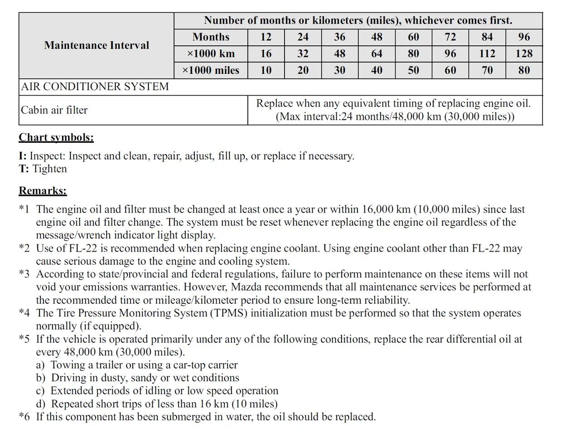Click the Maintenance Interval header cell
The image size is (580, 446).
(97, 45)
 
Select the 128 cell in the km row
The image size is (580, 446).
(524, 53)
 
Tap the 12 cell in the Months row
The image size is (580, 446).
(266, 37)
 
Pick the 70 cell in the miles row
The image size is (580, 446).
(487, 70)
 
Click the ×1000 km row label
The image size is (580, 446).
(211, 53)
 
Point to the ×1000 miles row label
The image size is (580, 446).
(211, 70)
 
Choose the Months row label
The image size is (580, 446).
(211, 37)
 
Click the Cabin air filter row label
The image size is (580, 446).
(54, 110)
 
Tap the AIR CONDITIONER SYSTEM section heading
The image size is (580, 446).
(95, 87)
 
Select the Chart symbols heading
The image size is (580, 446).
(56, 137)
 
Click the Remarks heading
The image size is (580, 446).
(43, 190)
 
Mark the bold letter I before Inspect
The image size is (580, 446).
(22, 156)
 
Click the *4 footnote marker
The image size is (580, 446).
(24, 313)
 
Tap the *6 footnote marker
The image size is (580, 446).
(24, 417)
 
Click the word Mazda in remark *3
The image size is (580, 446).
(245, 287)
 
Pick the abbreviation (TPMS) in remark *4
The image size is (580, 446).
(229, 313)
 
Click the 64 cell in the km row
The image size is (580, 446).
(377, 53)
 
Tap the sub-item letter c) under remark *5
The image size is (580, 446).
(40, 391)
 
